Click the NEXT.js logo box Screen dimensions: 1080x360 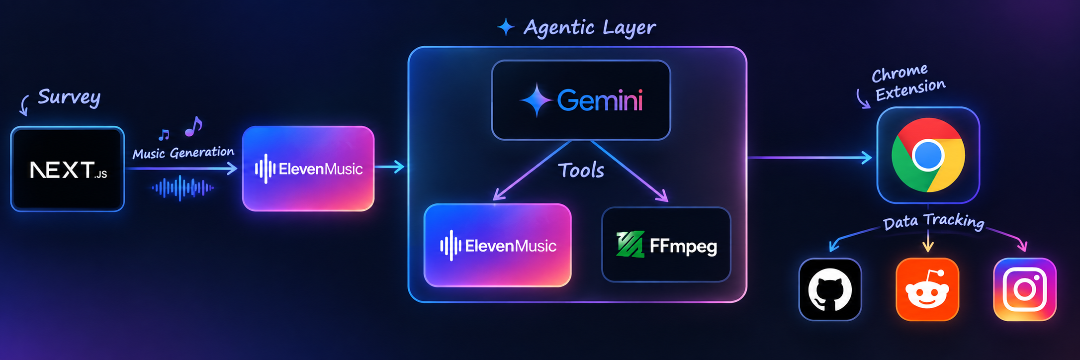point(68,169)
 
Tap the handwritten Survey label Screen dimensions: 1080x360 point(69,97)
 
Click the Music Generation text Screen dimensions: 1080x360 point(183,153)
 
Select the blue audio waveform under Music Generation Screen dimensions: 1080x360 point(182,188)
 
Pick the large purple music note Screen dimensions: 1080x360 point(193,126)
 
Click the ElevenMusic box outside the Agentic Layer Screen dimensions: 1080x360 point(308,169)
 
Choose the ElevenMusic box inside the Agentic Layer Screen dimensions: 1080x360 point(498,245)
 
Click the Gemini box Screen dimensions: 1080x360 point(581,100)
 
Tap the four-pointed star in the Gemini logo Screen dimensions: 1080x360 point(537,100)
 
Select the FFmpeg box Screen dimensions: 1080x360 point(666,245)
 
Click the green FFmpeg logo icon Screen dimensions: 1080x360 point(630,244)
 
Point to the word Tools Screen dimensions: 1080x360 point(581,171)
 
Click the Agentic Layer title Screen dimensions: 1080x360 point(590,28)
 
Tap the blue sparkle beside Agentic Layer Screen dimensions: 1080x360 point(506,27)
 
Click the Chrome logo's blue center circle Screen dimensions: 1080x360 point(928,155)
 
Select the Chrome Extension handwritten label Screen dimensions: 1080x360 point(908,82)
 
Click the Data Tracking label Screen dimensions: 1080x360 point(933,221)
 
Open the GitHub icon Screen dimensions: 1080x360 point(830,289)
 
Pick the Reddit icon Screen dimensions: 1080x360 point(927,289)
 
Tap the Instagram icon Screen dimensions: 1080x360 point(1025,289)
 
